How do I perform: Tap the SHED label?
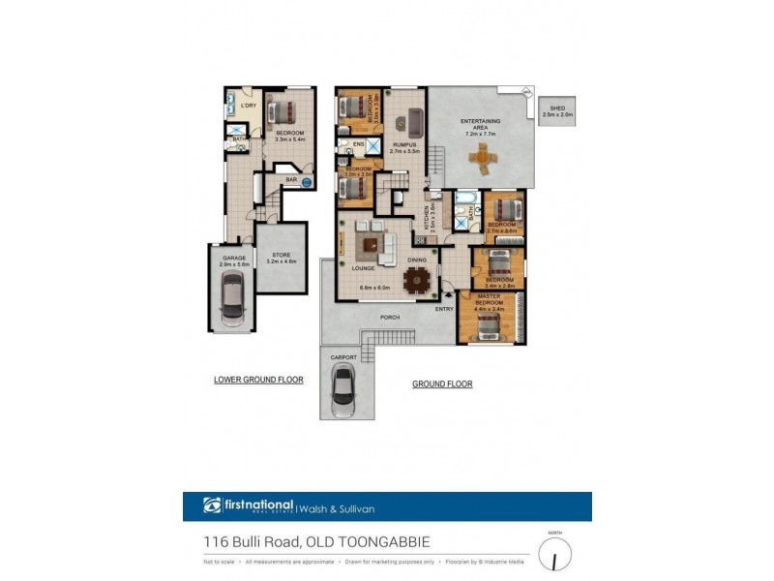point(557,109)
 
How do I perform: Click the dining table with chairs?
point(418,279)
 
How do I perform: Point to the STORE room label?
point(282,257)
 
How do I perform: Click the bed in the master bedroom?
point(488,322)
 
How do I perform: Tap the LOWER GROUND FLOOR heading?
point(258,381)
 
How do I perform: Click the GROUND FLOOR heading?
point(442,384)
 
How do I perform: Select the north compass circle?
point(554,555)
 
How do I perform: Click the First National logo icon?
point(212,505)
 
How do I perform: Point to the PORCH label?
point(390,316)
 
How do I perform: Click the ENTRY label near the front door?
point(444,309)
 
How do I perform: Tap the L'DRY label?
point(248,106)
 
